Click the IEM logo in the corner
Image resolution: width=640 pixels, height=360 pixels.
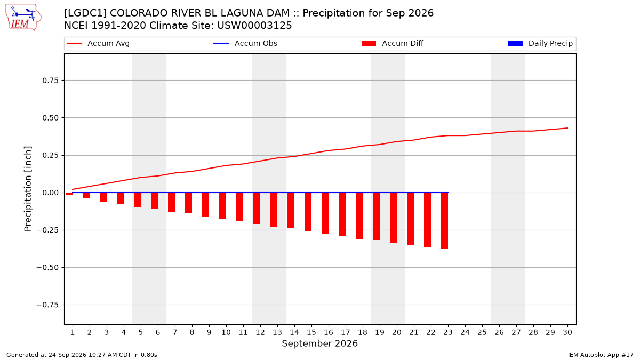point(23,18)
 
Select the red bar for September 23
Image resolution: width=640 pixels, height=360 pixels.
point(445,221)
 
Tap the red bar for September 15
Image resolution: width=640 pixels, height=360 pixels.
point(308,212)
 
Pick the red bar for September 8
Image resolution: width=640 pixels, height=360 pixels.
point(189,203)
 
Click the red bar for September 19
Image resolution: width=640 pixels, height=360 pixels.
point(377,217)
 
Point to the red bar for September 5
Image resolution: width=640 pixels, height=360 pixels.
point(138,200)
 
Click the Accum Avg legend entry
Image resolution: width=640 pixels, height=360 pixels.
point(98,43)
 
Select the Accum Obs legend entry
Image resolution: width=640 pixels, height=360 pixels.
point(245,43)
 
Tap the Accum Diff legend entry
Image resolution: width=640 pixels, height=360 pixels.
point(393,43)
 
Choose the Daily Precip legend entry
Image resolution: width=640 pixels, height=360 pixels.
point(540,43)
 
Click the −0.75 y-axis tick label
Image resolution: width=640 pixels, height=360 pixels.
point(47,305)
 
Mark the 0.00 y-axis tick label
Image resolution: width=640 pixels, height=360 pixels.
point(50,193)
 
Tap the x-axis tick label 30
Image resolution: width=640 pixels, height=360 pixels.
point(567,332)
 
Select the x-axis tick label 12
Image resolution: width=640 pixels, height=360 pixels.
point(260,332)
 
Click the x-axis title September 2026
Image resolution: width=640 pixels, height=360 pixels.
point(319,343)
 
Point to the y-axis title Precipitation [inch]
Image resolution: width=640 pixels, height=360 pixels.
point(28,189)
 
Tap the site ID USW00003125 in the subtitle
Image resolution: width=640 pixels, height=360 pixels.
point(254,26)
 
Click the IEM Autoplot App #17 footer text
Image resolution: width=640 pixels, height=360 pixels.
point(601,355)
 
